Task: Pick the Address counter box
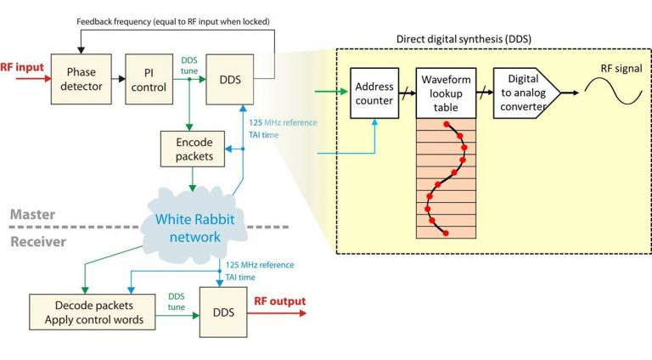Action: pos(374,94)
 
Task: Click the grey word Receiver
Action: pos(35,242)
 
